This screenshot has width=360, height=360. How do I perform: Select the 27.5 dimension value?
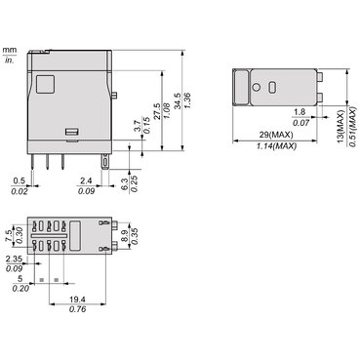click(x=157, y=111)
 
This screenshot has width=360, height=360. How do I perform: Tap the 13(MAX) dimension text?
click(x=340, y=127)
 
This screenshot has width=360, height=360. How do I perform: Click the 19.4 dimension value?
click(x=77, y=300)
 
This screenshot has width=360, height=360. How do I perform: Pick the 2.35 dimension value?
click(x=14, y=259)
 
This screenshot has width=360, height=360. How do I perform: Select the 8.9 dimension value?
click(x=126, y=235)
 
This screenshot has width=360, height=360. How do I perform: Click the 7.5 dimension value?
click(x=10, y=235)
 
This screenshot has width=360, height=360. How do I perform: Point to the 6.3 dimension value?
click(x=126, y=184)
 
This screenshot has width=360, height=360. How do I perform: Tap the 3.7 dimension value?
click(x=138, y=126)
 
